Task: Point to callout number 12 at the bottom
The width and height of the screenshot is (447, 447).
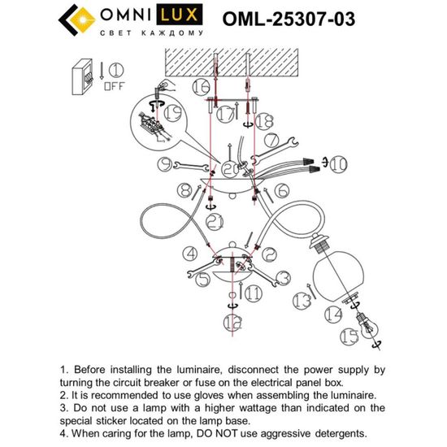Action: (x=233, y=323)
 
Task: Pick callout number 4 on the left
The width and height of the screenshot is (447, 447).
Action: (x=189, y=254)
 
